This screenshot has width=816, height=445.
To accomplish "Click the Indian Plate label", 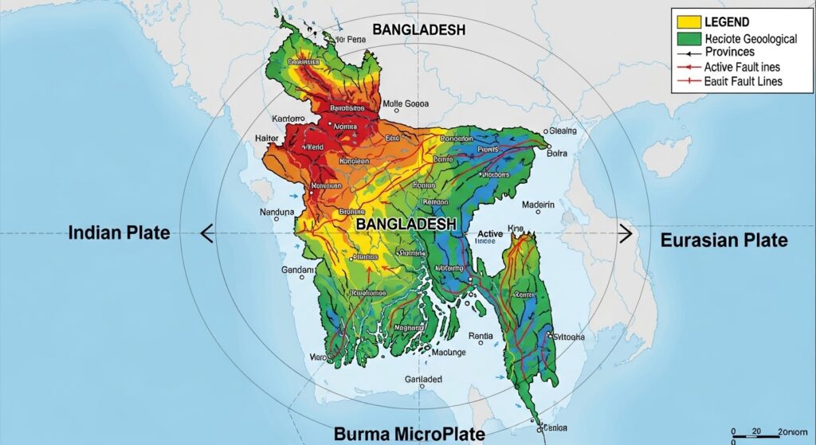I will pyautogui.click(x=119, y=233).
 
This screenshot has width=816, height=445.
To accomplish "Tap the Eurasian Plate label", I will pyautogui.click(x=724, y=240).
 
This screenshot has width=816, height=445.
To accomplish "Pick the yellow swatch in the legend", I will pyautogui.click(x=688, y=22).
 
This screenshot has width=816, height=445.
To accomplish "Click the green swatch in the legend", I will pyautogui.click(x=688, y=38).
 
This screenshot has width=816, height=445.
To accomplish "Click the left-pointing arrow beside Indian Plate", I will pyautogui.click(x=206, y=233).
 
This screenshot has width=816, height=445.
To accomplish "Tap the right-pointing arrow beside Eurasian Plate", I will pyautogui.click(x=626, y=233).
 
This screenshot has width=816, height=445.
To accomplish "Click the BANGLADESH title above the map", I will pyautogui.click(x=418, y=30).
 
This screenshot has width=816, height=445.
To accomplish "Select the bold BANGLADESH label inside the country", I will pyautogui.click(x=406, y=225).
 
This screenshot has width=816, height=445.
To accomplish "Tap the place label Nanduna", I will pyautogui.click(x=277, y=213).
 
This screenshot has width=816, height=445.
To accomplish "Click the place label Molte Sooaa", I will pyautogui.click(x=406, y=103).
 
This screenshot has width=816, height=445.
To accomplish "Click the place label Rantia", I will pyautogui.click(x=482, y=335).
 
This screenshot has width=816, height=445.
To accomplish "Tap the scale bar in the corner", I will pyautogui.click(x=769, y=436).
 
